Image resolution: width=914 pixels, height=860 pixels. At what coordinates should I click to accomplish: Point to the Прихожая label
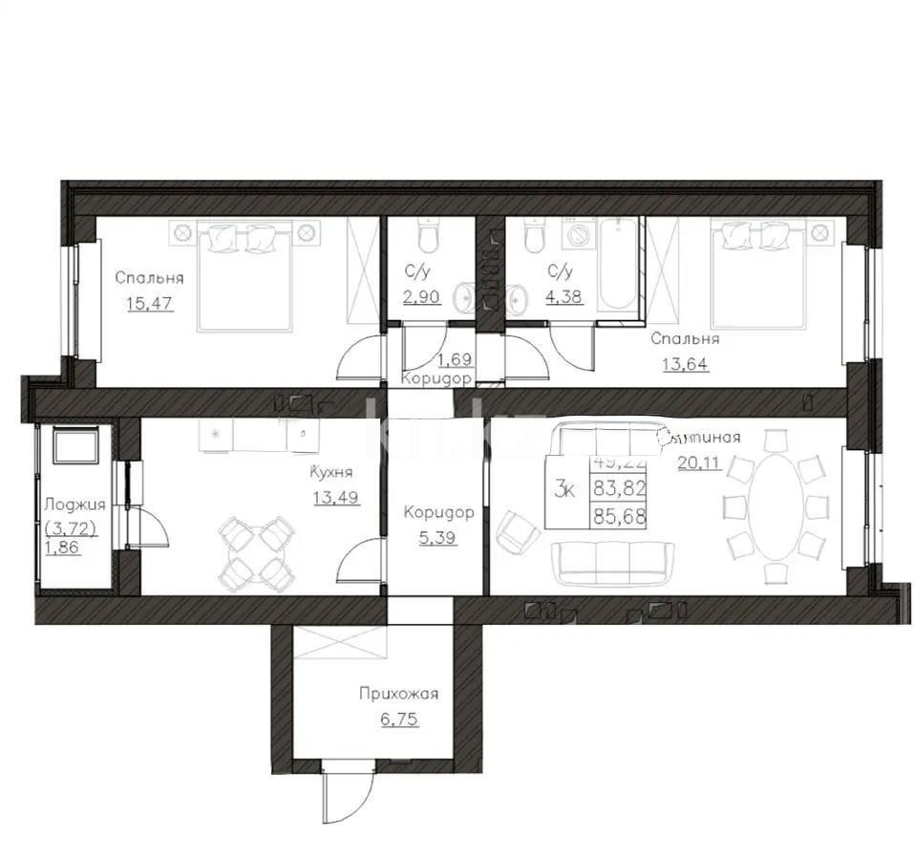point(393,694)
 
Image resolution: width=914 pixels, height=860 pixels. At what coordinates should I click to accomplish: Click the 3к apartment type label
point(564,491)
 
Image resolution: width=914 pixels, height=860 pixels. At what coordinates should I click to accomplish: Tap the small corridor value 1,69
point(455,360)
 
